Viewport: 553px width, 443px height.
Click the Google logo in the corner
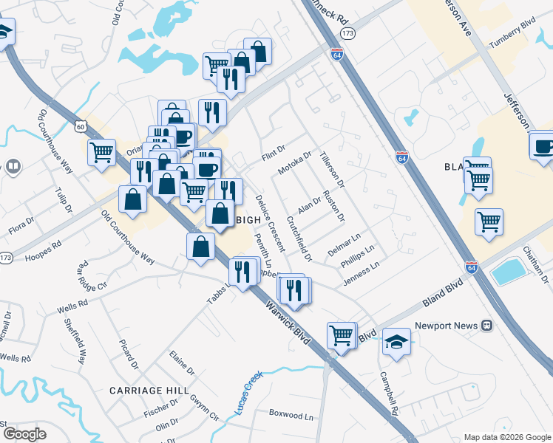coord(24,434)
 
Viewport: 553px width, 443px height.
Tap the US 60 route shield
coord(80,127)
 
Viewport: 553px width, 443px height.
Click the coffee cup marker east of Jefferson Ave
coord(543,144)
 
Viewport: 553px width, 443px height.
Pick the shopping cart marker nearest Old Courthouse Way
coord(101,154)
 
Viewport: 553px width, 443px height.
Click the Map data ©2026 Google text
coord(506,437)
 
